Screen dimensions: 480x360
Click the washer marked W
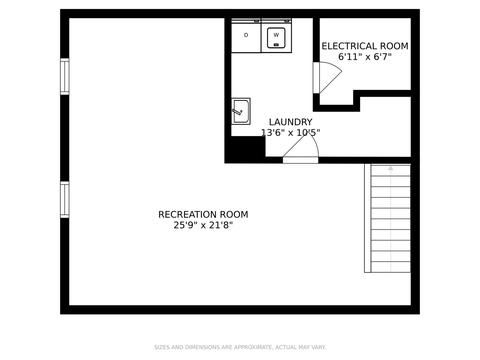(x=277, y=36)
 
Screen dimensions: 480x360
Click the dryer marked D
(x=246, y=36)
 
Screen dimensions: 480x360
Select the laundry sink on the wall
(x=241, y=111)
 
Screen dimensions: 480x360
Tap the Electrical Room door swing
(x=330, y=77)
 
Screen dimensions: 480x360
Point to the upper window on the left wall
(x=65, y=76)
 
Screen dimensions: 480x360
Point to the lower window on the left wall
(x=65, y=199)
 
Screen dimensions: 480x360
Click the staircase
(x=387, y=218)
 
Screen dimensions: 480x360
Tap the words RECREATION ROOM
(x=203, y=214)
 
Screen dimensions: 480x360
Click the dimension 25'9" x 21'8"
(x=203, y=225)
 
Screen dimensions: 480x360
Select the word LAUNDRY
(x=291, y=122)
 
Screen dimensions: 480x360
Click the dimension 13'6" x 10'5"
(x=291, y=133)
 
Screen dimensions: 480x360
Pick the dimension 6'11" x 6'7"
(x=365, y=57)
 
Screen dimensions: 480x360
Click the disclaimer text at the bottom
(x=240, y=347)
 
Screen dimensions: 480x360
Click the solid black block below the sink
(x=245, y=149)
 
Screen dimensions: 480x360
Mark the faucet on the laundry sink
(x=237, y=111)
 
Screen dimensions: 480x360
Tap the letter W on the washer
(x=276, y=35)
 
